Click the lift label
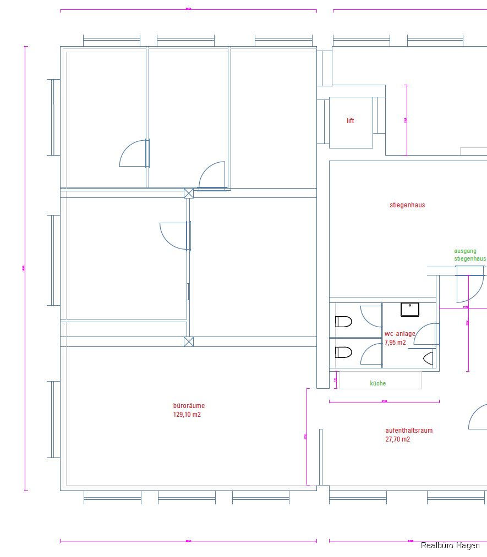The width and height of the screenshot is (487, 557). (351, 121)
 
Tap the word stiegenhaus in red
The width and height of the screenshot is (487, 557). (407, 205)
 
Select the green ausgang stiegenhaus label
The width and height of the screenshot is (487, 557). (469, 255)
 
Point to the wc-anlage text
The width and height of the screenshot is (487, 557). (400, 334)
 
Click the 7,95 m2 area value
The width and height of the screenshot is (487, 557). (395, 342)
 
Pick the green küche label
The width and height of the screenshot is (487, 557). (378, 383)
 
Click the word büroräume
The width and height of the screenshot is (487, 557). (189, 406)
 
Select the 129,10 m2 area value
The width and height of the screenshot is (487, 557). (187, 415)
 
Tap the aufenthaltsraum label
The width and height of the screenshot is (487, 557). (409, 431)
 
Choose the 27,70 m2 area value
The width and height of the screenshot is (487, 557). (398, 439)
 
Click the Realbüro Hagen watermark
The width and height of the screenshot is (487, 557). (450, 545)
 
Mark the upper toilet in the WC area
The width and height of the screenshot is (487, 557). (343, 322)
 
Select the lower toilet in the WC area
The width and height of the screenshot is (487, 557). (343, 352)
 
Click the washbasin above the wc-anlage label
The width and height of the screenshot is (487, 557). (410, 310)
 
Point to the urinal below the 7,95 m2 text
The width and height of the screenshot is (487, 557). (429, 359)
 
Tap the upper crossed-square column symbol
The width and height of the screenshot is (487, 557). (189, 192)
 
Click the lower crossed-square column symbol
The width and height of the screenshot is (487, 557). (189, 341)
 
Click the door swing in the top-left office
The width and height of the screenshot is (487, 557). (133, 153)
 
